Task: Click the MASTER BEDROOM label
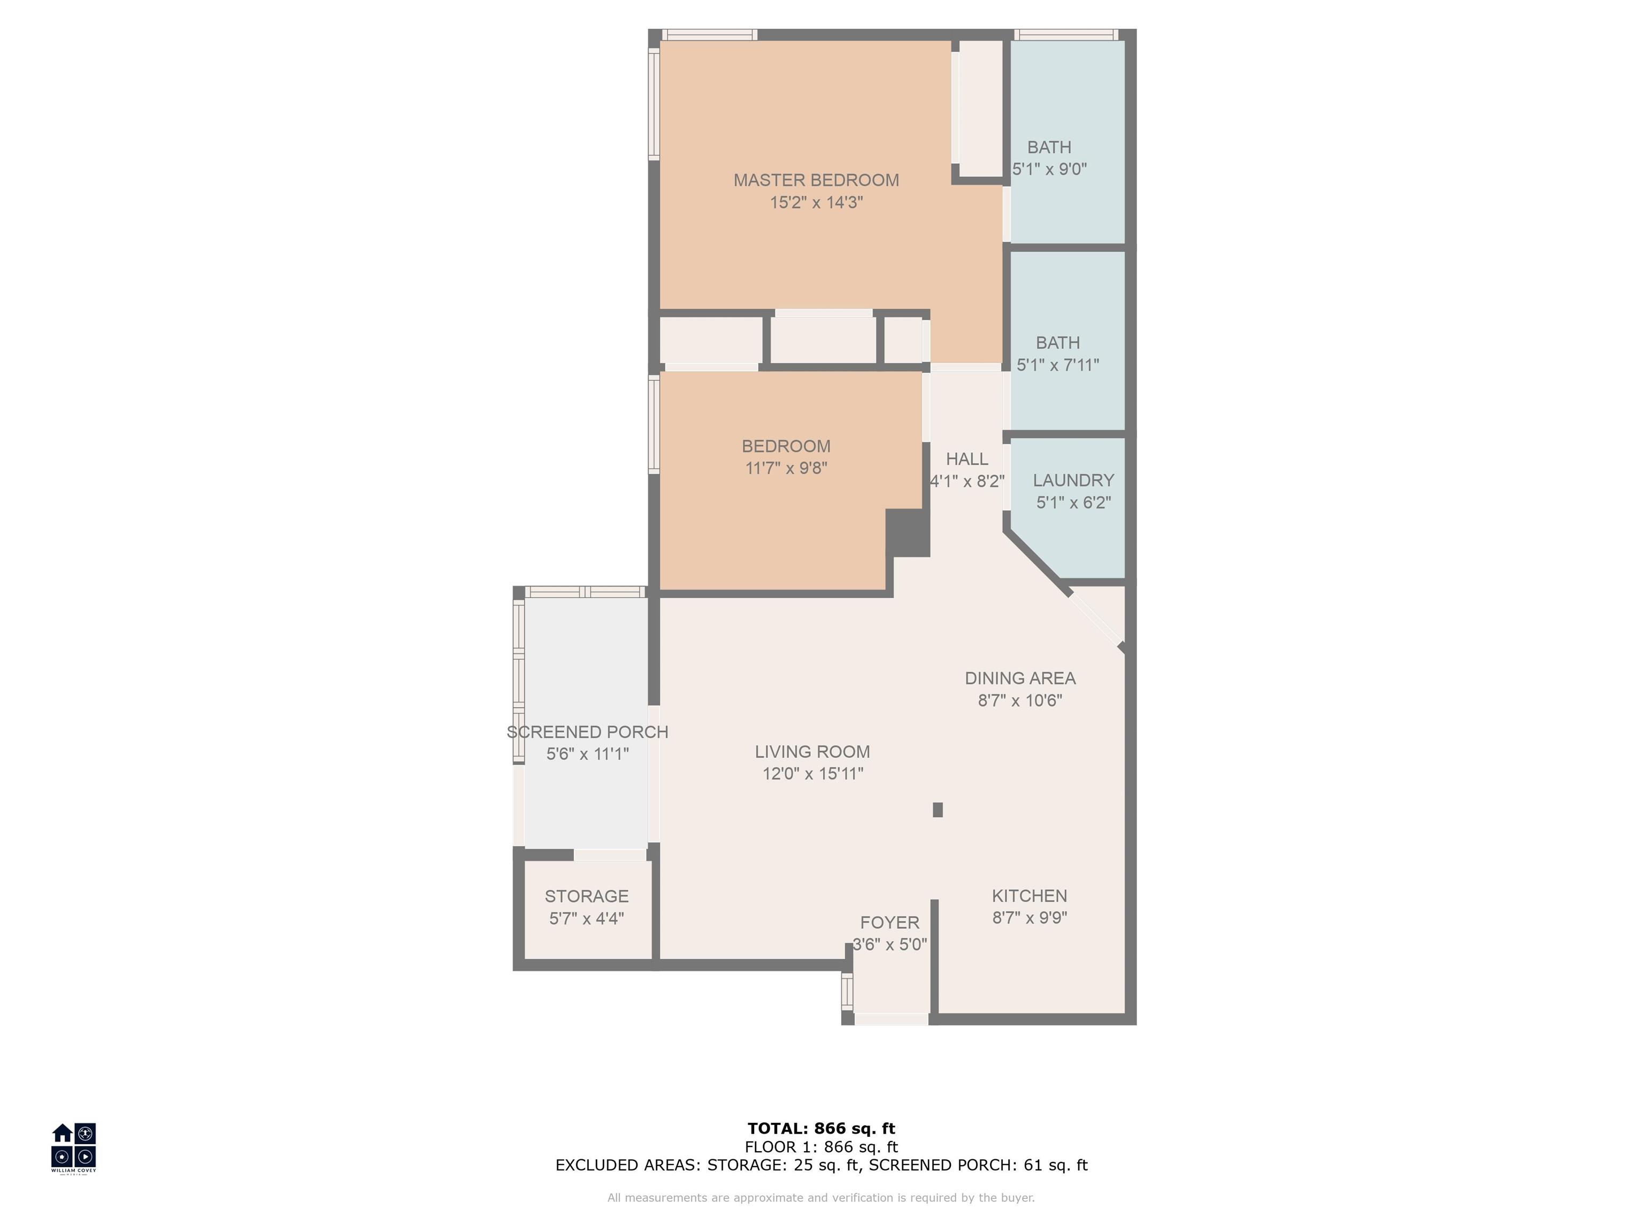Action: [816, 180]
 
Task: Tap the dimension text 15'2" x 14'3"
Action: [816, 202]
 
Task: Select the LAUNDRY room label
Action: [1073, 481]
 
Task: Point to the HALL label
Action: [967, 459]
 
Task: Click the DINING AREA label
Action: [1020, 678]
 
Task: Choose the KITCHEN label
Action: [1030, 896]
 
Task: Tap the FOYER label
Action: [890, 922]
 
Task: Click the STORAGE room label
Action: [587, 896]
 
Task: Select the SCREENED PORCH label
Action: [588, 732]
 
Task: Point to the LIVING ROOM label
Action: [812, 751]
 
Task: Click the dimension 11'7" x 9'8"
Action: [786, 468]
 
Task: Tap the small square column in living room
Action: [938, 810]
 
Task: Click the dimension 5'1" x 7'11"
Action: [1058, 365]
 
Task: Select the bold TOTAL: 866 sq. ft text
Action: [821, 1129]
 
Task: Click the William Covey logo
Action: [73, 1148]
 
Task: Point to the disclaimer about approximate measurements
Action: [821, 1197]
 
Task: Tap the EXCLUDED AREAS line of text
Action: [821, 1165]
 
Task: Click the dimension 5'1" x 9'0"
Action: [1049, 170]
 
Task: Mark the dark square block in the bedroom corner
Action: [908, 533]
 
